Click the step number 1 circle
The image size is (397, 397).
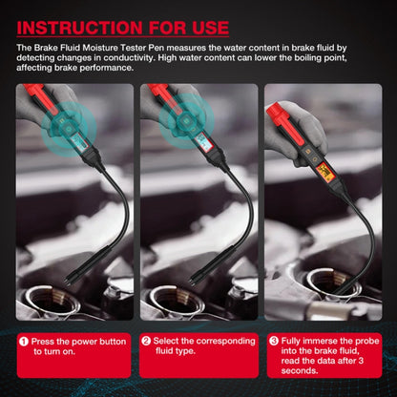23,339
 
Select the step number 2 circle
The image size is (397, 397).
146,339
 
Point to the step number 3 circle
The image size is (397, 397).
273,339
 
